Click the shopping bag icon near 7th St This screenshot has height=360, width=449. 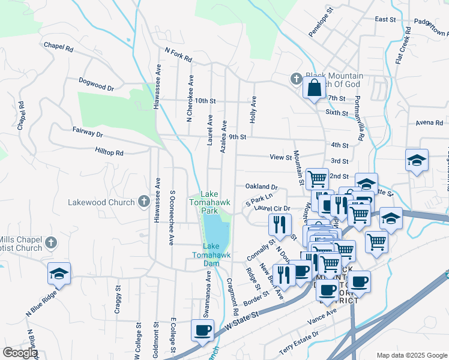click(315, 88)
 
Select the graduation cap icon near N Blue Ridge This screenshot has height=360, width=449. click(59, 274)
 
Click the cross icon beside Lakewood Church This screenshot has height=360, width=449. click(144, 202)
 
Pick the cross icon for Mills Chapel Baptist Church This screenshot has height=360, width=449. click(51, 243)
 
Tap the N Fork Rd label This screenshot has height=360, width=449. click(178, 55)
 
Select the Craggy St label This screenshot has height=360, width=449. click(117, 296)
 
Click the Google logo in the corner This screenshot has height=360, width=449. click(20, 353)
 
